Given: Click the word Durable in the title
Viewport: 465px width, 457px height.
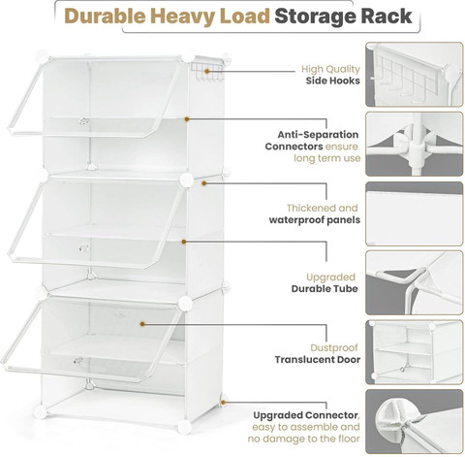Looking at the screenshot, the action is coord(105,16).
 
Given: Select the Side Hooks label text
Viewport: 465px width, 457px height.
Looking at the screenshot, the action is coord(333,81).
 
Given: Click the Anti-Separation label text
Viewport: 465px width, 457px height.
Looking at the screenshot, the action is coord(318,135).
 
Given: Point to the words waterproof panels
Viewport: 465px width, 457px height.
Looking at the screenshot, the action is coord(315,220).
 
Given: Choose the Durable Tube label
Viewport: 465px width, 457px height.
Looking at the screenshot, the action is coord(325,288).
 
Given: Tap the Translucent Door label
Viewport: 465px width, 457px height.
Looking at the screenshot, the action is coord(318,359).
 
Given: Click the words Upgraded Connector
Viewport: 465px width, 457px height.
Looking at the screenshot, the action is coord(305,415).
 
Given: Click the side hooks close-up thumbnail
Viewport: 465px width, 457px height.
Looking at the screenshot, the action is coord(415,75).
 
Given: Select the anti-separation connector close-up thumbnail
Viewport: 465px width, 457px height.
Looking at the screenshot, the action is coord(415,144).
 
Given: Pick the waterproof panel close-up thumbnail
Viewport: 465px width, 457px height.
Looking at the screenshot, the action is coord(415,213).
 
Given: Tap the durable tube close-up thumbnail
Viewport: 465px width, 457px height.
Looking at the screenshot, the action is coord(415,282).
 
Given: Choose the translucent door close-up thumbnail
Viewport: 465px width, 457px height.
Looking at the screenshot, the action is coord(415,352).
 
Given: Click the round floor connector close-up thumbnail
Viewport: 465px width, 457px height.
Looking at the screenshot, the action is coord(415,422).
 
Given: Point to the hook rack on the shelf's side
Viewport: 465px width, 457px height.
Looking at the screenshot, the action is coord(207,71).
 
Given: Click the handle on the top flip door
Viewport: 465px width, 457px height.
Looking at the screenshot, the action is coord(84,121).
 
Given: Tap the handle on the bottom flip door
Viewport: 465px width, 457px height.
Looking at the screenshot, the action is coord(78,360).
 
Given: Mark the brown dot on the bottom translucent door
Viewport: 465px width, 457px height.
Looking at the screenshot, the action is coord(142,324).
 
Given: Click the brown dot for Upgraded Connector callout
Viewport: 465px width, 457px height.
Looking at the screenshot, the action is coord(223,403).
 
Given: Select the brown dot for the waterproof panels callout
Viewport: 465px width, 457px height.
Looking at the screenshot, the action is coord(204,183).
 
